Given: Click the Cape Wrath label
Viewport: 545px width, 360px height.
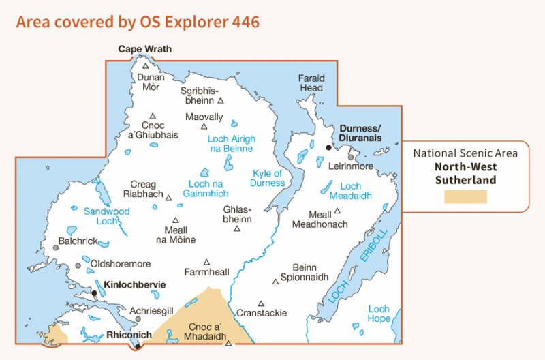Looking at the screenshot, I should coord(145,49).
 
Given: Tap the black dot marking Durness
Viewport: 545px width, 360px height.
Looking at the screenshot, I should coord(328,147).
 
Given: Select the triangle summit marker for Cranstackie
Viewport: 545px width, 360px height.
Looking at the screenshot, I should coord(261,303).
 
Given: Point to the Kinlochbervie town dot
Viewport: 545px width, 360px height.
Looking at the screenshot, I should coord(95,292).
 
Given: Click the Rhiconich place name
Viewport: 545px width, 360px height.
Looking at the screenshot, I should coord(124,335).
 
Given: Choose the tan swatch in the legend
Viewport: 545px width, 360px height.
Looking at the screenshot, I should coord(465,197).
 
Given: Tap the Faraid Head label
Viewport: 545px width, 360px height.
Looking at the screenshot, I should coord(311,83).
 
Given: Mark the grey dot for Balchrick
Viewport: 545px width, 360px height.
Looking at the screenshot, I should coord(56,247).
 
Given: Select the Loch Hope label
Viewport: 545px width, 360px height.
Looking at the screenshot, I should coord(379,314).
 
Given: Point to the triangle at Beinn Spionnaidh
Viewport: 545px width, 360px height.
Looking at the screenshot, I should coord(275,280).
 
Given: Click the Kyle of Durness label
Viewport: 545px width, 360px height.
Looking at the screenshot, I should coord(268,178).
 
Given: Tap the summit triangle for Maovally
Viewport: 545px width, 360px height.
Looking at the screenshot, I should coord(204,126).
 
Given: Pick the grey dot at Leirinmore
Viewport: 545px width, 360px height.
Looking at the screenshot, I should coord(351,157).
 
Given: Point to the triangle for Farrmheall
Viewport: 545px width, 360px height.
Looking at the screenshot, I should coord(206,262).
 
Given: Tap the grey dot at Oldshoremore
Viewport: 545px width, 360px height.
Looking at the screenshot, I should coord(78,265).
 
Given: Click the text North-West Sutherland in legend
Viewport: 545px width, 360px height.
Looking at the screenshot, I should coord(465,173).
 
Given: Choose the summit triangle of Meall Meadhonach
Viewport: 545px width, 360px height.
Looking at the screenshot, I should coord(337,211).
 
